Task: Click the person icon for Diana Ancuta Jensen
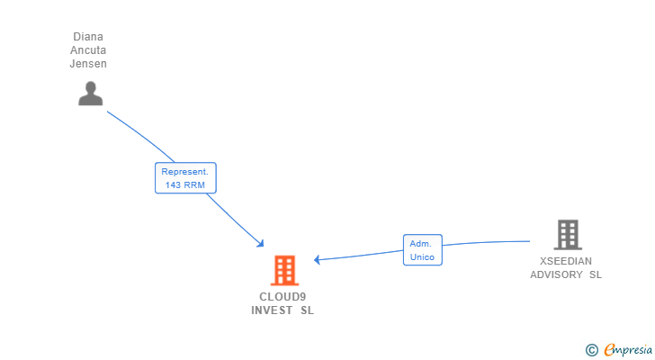click(x=90, y=94)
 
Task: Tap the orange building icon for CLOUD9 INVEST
click(x=284, y=270)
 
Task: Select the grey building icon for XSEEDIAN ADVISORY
click(x=568, y=235)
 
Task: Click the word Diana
click(x=88, y=37)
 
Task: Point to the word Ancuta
click(x=88, y=50)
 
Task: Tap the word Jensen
click(x=88, y=64)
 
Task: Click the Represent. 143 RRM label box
click(x=185, y=178)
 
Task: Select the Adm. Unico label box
click(x=422, y=249)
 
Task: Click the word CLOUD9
click(x=283, y=296)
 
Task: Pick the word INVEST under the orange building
click(x=272, y=310)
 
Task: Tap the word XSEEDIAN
click(x=566, y=261)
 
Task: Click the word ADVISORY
click(x=556, y=274)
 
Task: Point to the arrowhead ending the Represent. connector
click(x=261, y=244)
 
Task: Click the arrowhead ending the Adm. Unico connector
click(x=317, y=260)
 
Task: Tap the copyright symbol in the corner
click(x=591, y=350)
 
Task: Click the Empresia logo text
click(x=628, y=349)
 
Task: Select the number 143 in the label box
click(x=173, y=185)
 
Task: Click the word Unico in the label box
click(x=422, y=256)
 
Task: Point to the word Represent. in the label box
click(x=184, y=172)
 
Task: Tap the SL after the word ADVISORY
click(x=596, y=274)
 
